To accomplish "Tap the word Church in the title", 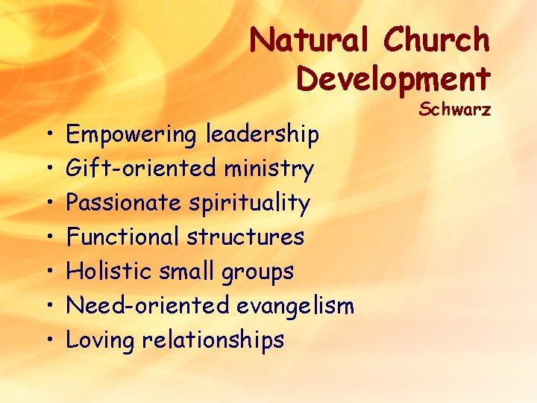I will (436, 40).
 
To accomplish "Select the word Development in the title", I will (393, 77).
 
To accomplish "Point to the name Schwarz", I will (454, 110).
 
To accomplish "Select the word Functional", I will (122, 237).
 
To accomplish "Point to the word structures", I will (245, 237).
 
